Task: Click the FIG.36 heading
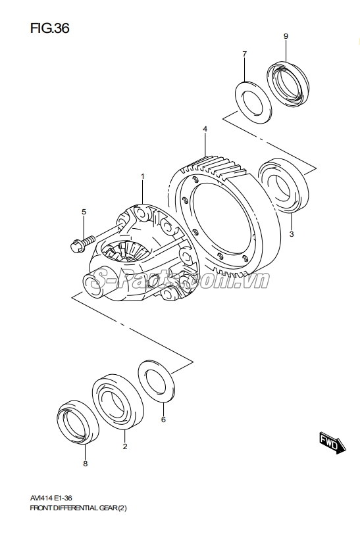click(49, 28)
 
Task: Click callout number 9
click(286, 36)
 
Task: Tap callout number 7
click(244, 54)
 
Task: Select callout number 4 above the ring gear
click(205, 129)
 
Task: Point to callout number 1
click(143, 176)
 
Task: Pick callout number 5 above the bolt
click(84, 212)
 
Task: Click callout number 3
click(292, 234)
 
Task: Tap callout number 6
click(163, 420)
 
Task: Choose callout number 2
click(125, 447)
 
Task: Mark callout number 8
click(86, 464)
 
